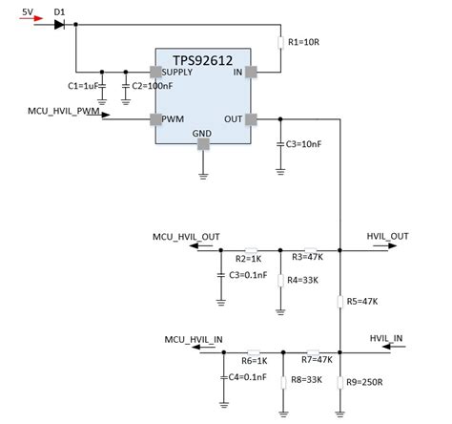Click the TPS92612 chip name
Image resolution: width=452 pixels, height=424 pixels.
[202, 59]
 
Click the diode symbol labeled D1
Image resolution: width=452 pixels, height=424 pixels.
[60, 24]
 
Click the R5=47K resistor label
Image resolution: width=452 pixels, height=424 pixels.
[362, 302]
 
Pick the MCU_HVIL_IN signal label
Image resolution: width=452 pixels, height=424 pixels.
[194, 338]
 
